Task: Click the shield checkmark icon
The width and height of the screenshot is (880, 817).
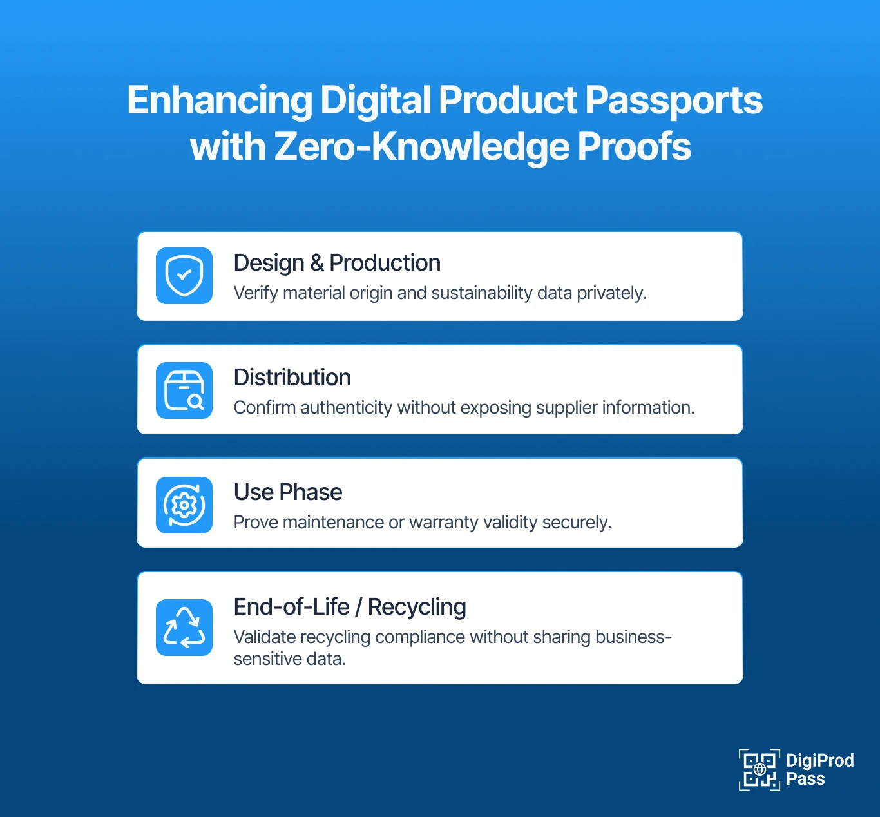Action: coord(184,276)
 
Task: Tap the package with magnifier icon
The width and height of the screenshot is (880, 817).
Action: coord(184,390)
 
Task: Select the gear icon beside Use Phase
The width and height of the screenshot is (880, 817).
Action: coord(184,505)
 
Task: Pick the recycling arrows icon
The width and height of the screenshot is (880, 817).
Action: coord(184,628)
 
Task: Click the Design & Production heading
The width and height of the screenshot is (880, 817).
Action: coord(337,263)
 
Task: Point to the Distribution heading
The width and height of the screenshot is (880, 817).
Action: coord(292,378)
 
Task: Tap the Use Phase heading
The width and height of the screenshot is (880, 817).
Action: coord(288,492)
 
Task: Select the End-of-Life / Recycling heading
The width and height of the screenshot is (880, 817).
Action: coord(350,607)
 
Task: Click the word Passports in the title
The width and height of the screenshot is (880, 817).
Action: coord(673,101)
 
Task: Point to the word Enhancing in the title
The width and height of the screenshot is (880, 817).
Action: coord(220,101)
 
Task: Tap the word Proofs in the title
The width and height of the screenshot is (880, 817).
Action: coord(634,147)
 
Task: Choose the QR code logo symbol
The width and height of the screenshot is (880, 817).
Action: coord(759,769)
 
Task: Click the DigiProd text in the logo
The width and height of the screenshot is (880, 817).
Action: coord(819,761)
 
